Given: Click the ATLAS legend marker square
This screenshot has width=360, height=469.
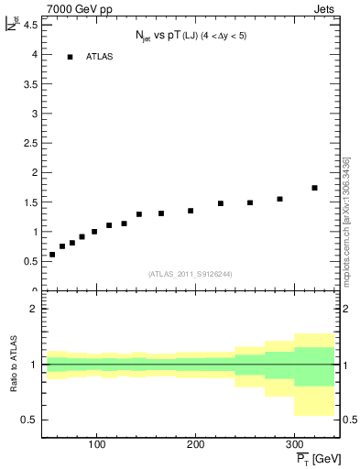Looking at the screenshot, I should click(x=70, y=57).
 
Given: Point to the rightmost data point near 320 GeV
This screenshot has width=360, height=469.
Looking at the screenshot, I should click(x=314, y=188).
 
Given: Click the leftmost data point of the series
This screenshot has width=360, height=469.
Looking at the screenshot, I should click(x=52, y=255).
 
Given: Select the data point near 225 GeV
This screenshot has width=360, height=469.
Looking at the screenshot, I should click(x=221, y=203).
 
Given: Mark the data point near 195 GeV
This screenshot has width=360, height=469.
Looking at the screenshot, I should click(x=191, y=211).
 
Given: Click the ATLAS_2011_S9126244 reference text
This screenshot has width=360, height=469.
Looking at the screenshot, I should click(x=191, y=273).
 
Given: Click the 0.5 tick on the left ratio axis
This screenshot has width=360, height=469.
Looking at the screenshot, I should click(x=29, y=420).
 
